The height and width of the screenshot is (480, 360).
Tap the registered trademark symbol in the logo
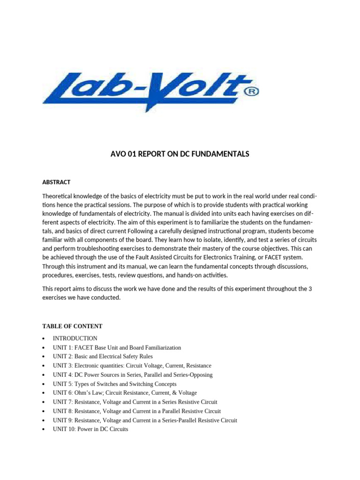251,92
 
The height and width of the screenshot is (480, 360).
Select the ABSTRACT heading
56,182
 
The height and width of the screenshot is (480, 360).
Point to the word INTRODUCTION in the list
75,338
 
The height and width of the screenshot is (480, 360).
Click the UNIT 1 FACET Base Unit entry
117,347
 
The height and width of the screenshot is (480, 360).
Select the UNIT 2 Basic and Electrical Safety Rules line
103,357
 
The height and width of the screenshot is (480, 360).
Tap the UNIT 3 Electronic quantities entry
132,366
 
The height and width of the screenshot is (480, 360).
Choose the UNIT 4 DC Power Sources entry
132,375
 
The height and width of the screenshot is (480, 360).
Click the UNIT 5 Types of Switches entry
114,384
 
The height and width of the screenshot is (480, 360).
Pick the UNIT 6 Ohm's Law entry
125,393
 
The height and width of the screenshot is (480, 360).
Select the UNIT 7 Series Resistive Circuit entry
135,402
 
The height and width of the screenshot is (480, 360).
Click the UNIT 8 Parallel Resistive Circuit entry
136,411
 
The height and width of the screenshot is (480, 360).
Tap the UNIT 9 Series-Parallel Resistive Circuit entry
145,420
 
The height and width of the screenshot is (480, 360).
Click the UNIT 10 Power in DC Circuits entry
90,429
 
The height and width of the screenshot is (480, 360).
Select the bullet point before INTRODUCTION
43,338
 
